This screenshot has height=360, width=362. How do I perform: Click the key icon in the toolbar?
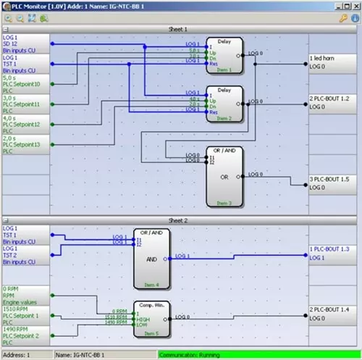pyautogui.click(x=344, y=17)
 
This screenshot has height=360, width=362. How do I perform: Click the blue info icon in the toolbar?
pyautogui.click(x=355, y=17)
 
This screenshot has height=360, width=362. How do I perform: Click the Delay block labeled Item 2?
pyautogui.click(x=224, y=103)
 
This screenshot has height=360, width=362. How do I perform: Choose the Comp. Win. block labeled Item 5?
pyautogui.click(x=151, y=318)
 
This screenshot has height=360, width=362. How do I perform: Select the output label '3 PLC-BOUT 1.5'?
pyautogui.click(x=330, y=178)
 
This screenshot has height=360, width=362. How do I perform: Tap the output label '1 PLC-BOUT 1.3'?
pyautogui.click(x=330, y=248)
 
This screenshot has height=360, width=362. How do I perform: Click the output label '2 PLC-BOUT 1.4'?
pyautogui.click(x=330, y=309)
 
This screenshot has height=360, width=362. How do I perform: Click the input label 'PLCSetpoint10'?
pyautogui.click(x=25, y=85)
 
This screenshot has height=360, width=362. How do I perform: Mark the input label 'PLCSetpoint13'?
pyautogui.click(x=25, y=145)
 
